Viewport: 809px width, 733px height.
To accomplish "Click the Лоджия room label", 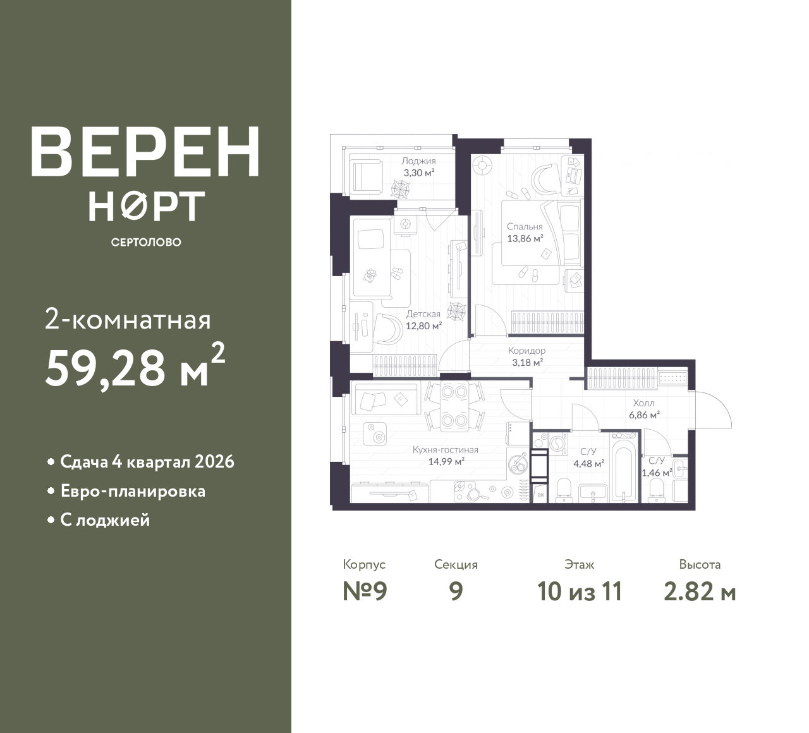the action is [418, 161].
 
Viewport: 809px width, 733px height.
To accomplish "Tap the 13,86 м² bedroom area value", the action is [525, 239].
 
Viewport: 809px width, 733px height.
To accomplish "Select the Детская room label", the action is [423, 313].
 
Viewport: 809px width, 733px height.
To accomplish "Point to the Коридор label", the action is [526, 350].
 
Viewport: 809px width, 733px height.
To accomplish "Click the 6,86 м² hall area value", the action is [644, 414].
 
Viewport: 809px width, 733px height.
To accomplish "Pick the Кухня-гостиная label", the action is [445, 449].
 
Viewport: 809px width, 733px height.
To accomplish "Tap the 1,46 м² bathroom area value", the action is [657, 473].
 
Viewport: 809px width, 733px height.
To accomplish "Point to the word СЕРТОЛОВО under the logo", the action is [146, 242].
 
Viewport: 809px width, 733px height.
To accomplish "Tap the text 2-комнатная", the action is [128, 320].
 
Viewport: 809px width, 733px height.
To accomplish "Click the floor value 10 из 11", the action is [580, 592].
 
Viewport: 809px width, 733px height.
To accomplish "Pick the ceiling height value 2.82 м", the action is [700, 592].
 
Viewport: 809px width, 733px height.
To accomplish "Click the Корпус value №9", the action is [365, 592].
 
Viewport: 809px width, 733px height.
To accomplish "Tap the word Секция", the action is [456, 564].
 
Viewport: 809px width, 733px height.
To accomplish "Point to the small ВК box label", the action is [540, 495].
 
